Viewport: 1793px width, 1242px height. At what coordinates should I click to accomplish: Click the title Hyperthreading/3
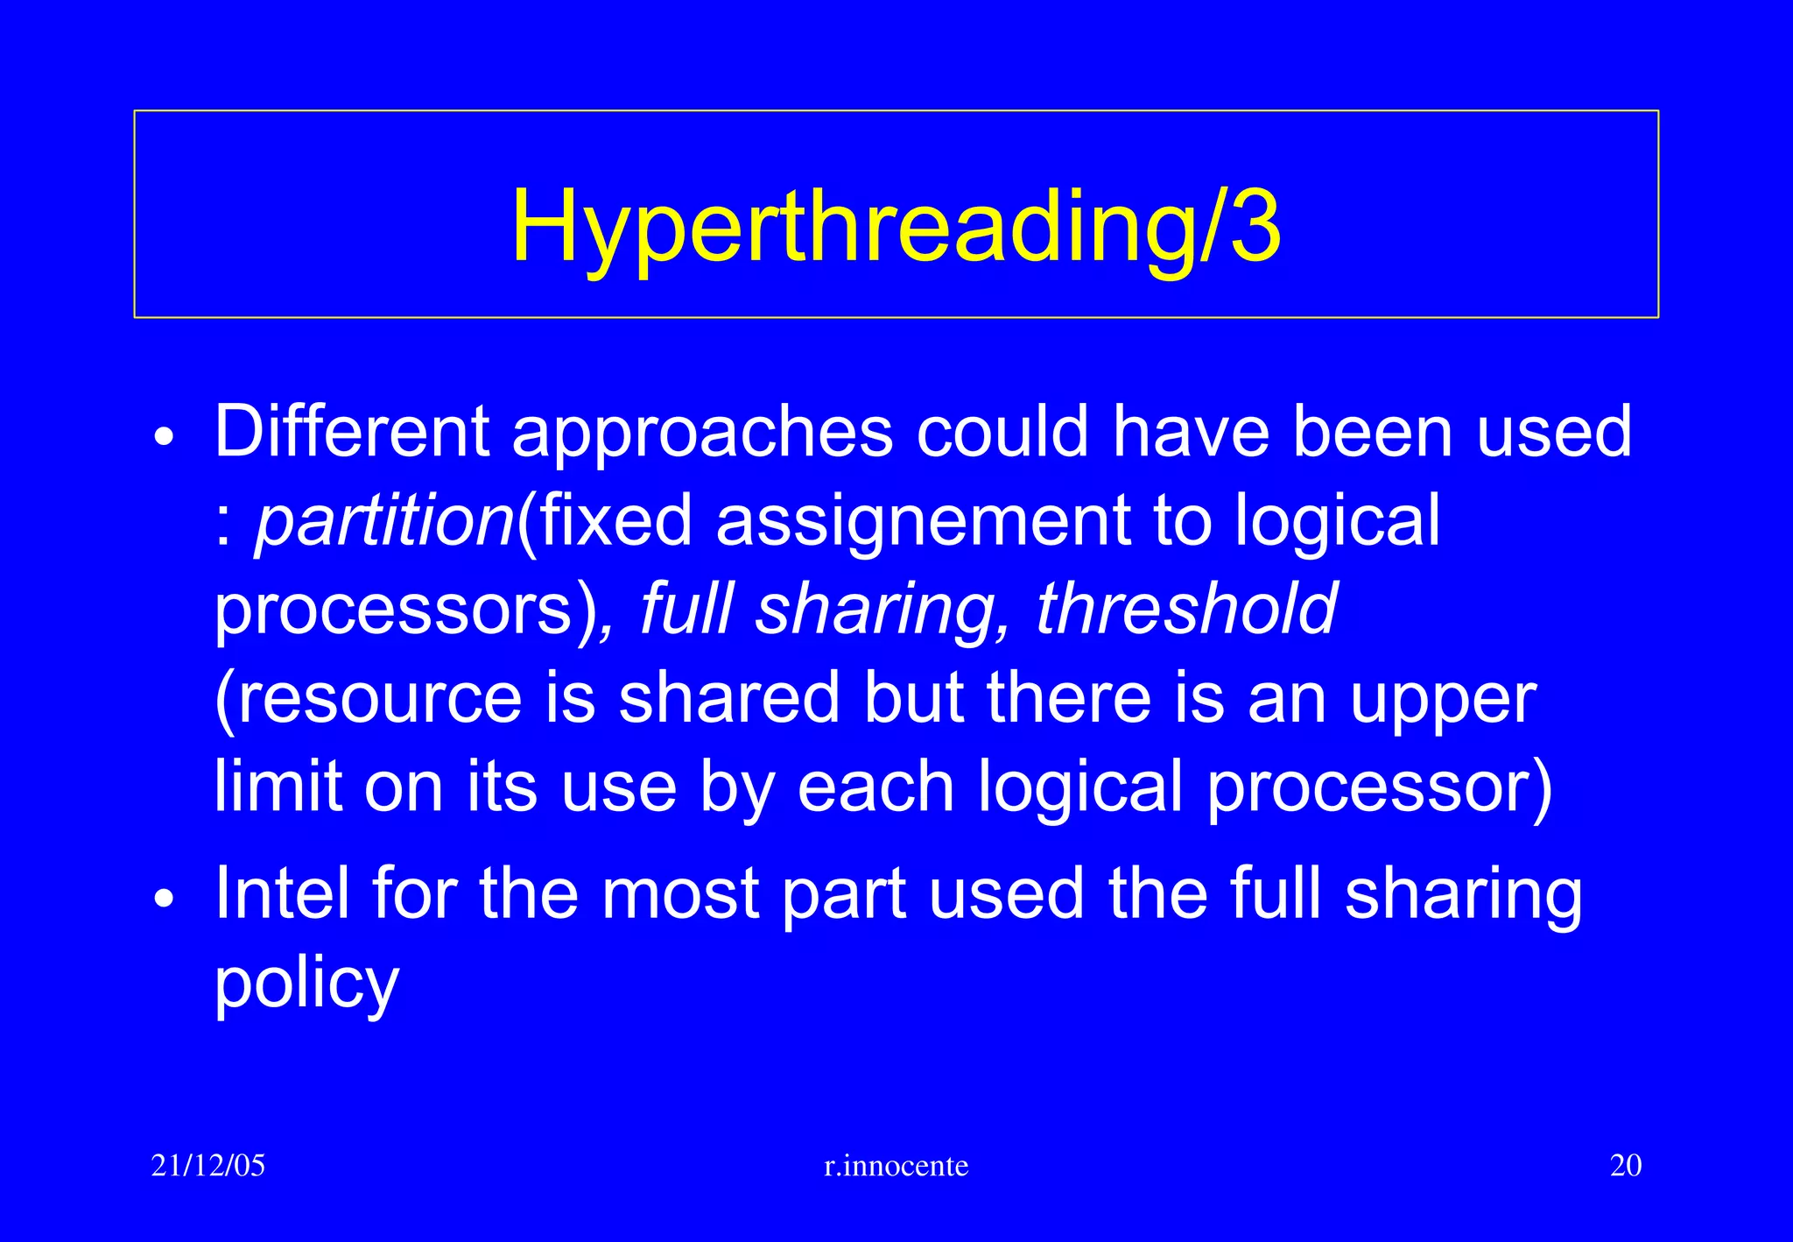pos(896,226)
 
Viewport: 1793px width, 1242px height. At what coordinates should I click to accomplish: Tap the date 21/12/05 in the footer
pos(207,1166)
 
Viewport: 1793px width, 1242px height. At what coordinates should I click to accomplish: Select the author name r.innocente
pos(896,1166)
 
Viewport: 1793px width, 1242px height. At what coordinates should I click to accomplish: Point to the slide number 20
pos(1625,1166)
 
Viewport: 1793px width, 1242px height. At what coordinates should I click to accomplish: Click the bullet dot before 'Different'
pos(164,436)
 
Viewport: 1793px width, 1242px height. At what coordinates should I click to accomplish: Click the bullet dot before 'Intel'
pos(164,899)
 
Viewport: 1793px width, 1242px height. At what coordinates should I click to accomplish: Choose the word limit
pos(278,786)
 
